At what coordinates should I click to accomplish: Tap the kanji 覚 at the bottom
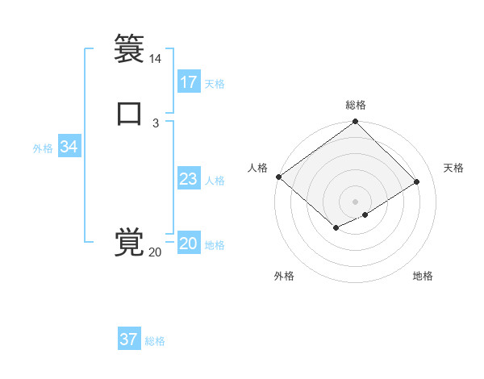[129, 242]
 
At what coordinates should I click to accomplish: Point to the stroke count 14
[155, 59]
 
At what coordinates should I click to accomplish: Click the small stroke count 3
[155, 123]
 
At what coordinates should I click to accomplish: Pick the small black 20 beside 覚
[155, 252]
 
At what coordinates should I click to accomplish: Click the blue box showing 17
[189, 82]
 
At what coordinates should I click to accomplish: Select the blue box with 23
[189, 179]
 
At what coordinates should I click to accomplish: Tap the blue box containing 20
[189, 244]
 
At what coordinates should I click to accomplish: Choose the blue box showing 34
[69, 147]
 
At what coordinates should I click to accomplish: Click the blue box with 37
[129, 339]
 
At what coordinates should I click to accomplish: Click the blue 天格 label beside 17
[215, 84]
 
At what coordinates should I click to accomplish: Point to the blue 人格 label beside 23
[215, 181]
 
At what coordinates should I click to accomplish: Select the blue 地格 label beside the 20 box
[215, 245]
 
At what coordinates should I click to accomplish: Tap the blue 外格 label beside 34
[43, 148]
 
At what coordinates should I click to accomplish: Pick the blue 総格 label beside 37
[155, 341]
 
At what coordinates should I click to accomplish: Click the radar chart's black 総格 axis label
[355, 105]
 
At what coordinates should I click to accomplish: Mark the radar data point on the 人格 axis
[278, 177]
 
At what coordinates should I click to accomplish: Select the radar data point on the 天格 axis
[417, 181]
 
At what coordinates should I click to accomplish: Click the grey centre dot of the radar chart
[355, 201]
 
